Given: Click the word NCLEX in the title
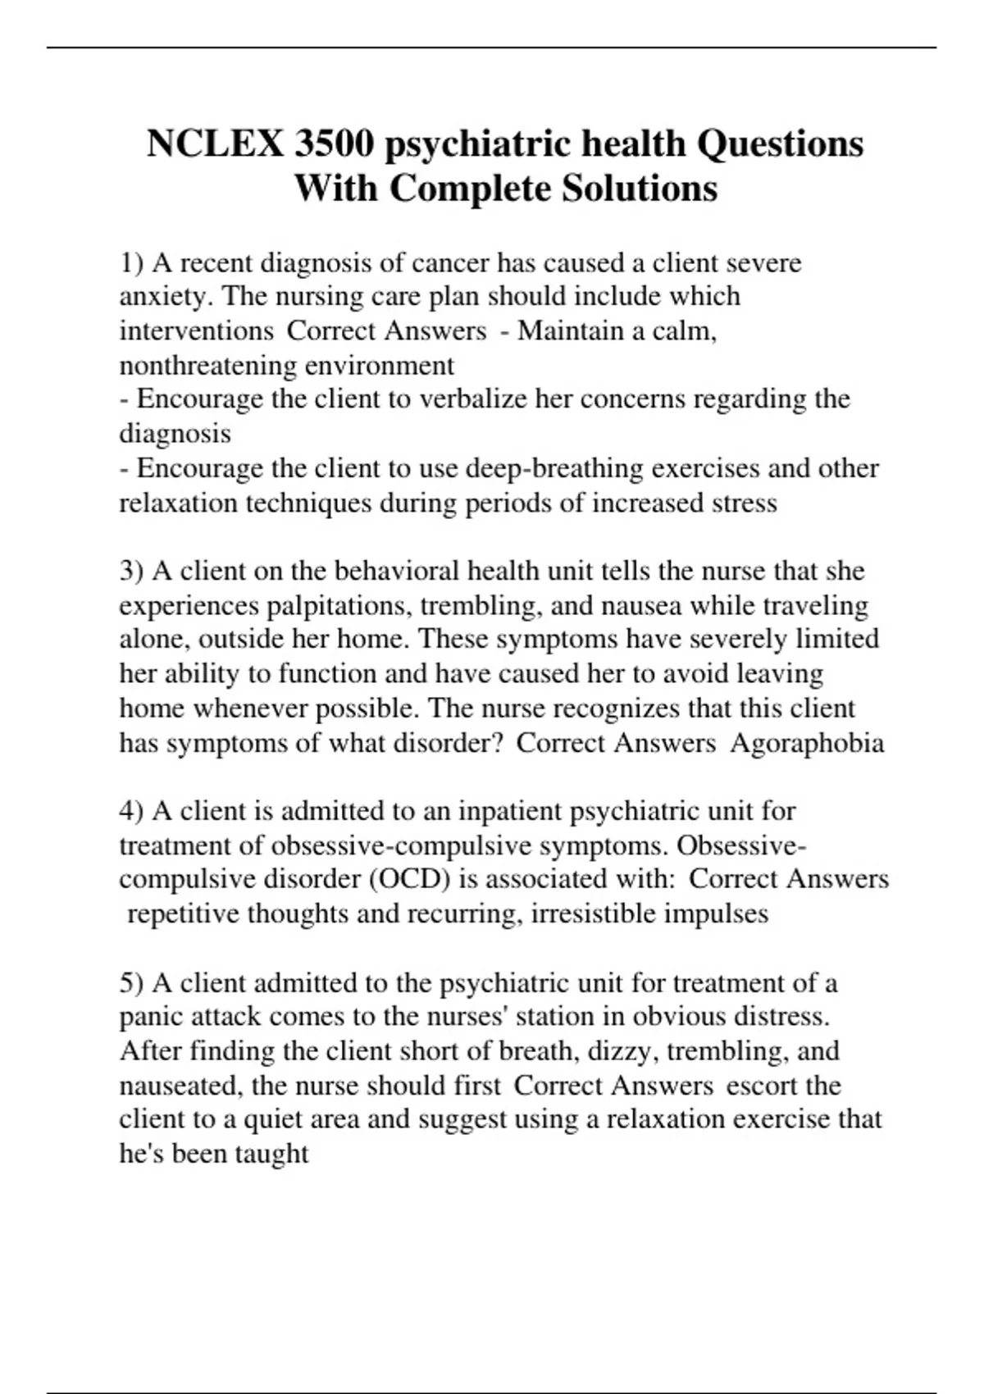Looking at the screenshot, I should click(214, 144).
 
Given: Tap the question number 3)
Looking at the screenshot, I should click(131, 571).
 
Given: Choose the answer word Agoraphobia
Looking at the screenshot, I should click(807, 743).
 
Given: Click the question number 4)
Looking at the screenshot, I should click(131, 811).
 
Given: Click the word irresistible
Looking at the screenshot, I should click(593, 913).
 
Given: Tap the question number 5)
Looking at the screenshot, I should click(131, 982).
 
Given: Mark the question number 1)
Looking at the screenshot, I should click(131, 263).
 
